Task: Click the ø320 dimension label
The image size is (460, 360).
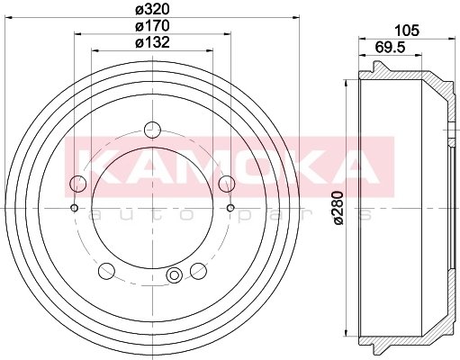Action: click(152, 10)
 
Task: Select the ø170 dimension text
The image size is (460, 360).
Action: click(152, 26)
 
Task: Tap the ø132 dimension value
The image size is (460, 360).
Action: click(152, 42)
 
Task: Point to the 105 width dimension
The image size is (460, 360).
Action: click(407, 31)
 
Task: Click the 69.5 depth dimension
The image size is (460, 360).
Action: click(390, 48)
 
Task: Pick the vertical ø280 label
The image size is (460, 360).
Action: click(338, 208)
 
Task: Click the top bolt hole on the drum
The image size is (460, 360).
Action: click(152, 130)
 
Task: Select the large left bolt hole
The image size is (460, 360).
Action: click(78, 184)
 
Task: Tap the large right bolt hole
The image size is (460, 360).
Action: click(227, 184)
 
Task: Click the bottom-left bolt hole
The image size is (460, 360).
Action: click(106, 271)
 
